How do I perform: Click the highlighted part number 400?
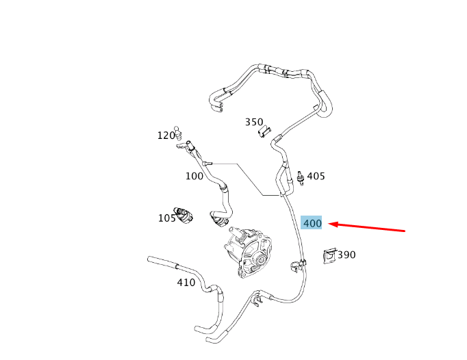click(x=312, y=223)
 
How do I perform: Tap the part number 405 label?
click(x=316, y=176)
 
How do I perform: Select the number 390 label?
click(x=346, y=255)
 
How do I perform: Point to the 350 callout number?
click(x=254, y=122)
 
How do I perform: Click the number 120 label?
click(x=166, y=136)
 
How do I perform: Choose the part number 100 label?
click(x=194, y=176)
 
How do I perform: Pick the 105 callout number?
click(x=167, y=218)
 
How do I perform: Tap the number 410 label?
click(x=186, y=282)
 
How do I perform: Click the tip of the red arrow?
click(x=328, y=224)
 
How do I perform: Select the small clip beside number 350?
click(x=264, y=132)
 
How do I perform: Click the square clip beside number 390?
click(x=329, y=256)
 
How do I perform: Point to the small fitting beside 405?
click(x=301, y=178)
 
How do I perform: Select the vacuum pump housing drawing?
click(x=247, y=253)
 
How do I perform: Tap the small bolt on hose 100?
click(x=207, y=163)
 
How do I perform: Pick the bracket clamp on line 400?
click(x=298, y=265)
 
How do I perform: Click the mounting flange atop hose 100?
click(x=186, y=146)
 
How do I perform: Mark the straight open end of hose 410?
click(x=149, y=259)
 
